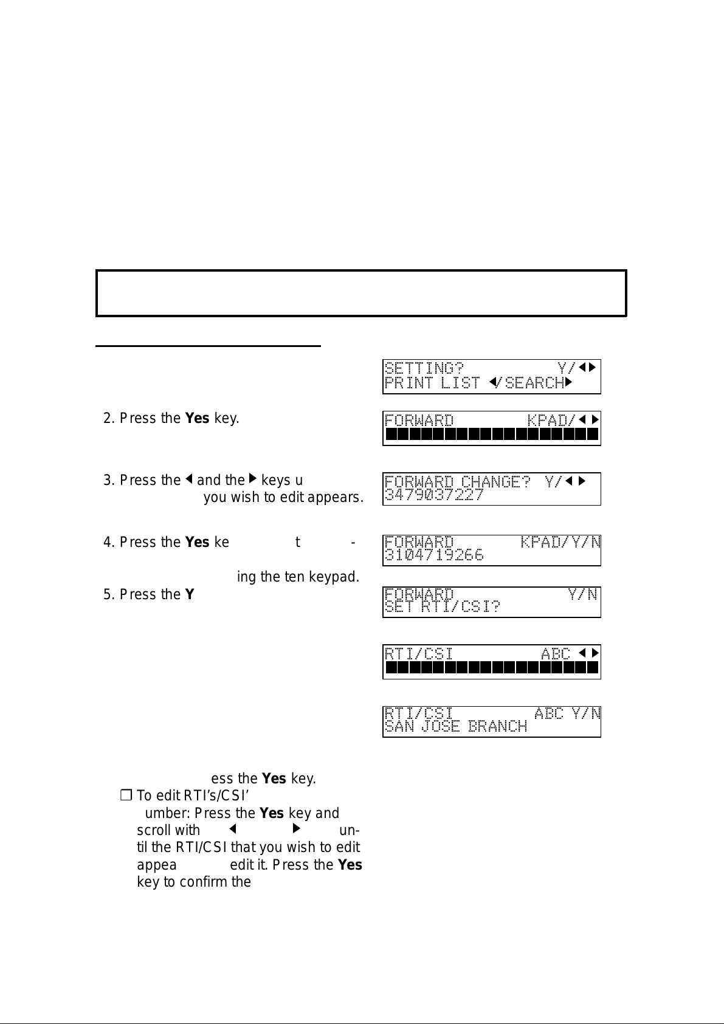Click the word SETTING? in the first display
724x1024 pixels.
coord(424,368)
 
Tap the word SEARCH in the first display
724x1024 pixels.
coord(534,383)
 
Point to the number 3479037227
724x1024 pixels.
coord(434,495)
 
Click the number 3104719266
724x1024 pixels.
coord(434,555)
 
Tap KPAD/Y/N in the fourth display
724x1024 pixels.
coord(560,542)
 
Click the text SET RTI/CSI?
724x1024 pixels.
coord(443,606)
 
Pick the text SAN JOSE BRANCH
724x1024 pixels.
coord(456,726)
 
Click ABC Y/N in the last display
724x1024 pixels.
coord(567,713)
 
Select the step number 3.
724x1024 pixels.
coord(108,481)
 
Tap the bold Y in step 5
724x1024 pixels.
coord(189,594)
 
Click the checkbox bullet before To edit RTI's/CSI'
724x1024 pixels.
coord(126,795)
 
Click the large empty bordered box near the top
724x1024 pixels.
coord(361,294)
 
